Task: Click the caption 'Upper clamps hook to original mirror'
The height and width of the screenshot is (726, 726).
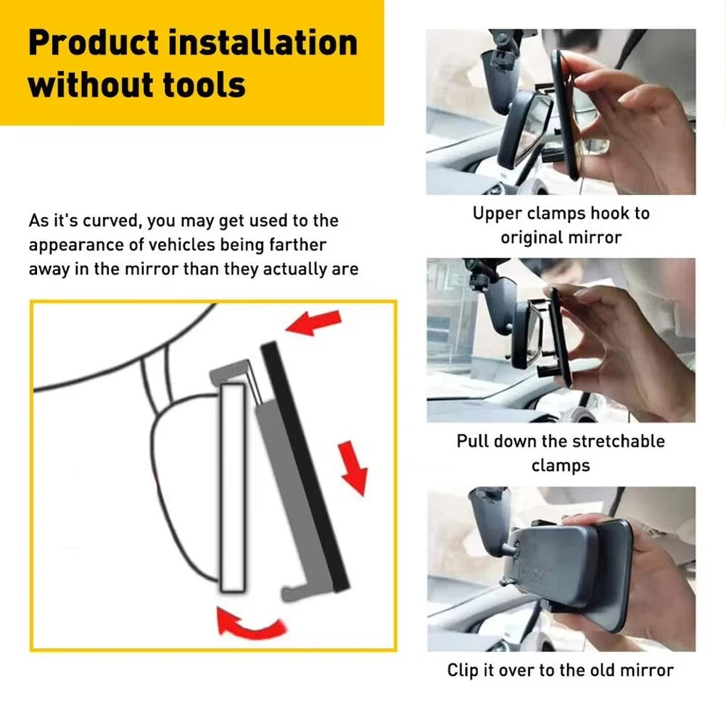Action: coord(561,225)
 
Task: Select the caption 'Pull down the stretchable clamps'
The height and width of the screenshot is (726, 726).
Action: coord(561,453)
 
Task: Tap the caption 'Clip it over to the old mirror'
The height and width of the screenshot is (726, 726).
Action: coord(561,670)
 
